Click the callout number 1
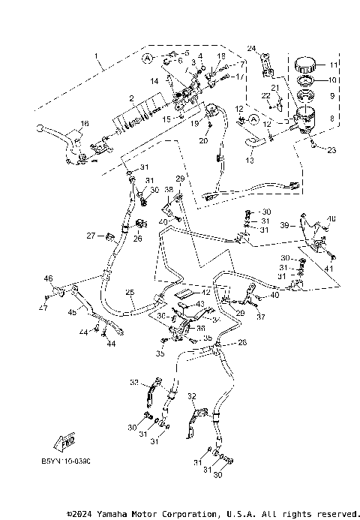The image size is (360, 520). click(96, 57)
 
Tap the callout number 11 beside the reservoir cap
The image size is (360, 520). click(334, 65)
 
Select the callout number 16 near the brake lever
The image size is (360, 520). click(84, 124)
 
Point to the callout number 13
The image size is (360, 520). click(250, 159)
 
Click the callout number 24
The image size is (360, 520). click(251, 49)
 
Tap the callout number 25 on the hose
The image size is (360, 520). click(130, 292)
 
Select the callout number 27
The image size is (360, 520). click(89, 236)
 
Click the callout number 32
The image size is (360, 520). click(191, 395)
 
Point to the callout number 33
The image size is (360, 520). click(134, 383)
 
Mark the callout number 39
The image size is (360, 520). click(283, 225)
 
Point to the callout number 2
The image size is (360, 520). click(130, 98)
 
